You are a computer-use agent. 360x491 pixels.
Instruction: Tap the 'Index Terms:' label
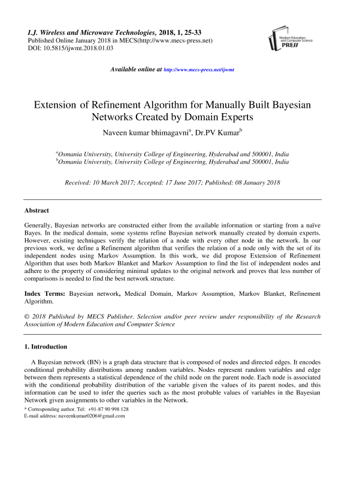(45, 295)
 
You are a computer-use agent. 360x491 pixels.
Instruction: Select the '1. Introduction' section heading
(46, 347)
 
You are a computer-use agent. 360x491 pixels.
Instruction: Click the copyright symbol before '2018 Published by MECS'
(27, 316)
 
